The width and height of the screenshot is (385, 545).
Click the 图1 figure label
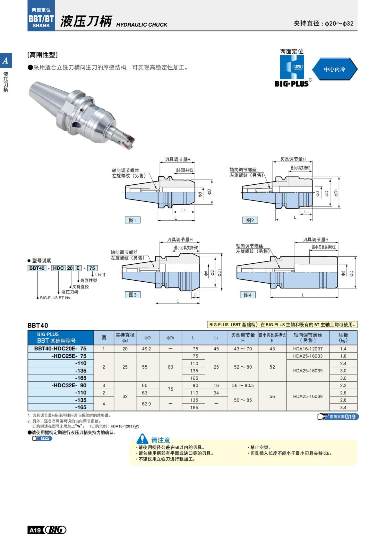(x=132, y=220)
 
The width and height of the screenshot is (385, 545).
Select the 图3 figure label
(x=133, y=294)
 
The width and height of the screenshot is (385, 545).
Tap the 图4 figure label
(x=248, y=295)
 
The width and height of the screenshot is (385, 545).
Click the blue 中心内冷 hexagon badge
(x=334, y=69)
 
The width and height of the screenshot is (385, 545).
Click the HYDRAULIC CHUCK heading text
(x=141, y=25)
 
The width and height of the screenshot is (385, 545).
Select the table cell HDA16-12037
(x=308, y=349)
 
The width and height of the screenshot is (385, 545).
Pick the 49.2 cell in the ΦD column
(x=146, y=349)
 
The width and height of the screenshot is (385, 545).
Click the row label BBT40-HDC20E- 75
(x=60, y=348)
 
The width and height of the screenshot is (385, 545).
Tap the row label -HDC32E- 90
(x=69, y=385)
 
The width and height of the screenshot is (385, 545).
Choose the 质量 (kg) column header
(x=343, y=338)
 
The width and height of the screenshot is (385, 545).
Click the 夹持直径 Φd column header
(x=125, y=338)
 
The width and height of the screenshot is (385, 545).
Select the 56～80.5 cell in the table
(x=243, y=385)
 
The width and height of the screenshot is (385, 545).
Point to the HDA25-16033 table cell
(x=308, y=356)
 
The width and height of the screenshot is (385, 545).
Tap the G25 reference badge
(x=42, y=438)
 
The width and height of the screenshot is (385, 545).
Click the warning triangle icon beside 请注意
(x=142, y=439)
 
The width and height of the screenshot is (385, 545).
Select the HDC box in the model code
(x=58, y=268)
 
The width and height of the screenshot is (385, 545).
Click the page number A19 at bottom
(x=35, y=530)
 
